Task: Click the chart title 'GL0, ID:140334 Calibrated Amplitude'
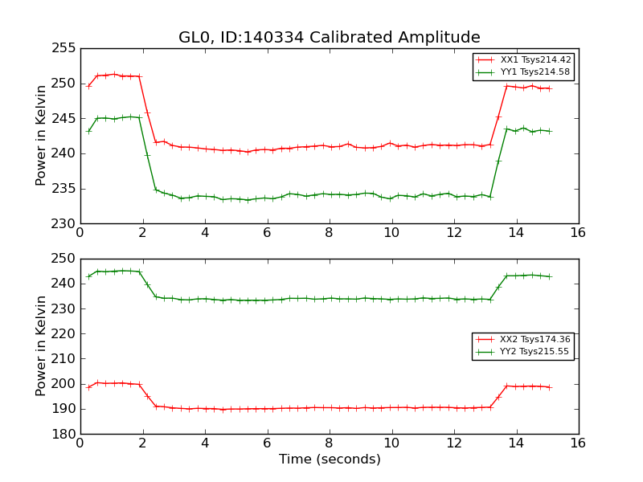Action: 329,38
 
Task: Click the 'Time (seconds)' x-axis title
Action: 330,460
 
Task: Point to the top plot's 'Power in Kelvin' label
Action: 42,136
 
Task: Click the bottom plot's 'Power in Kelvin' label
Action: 42,346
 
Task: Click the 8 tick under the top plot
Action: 329,233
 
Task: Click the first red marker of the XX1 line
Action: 88,85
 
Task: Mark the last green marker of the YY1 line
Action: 550,131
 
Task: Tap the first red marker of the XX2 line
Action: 88,387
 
